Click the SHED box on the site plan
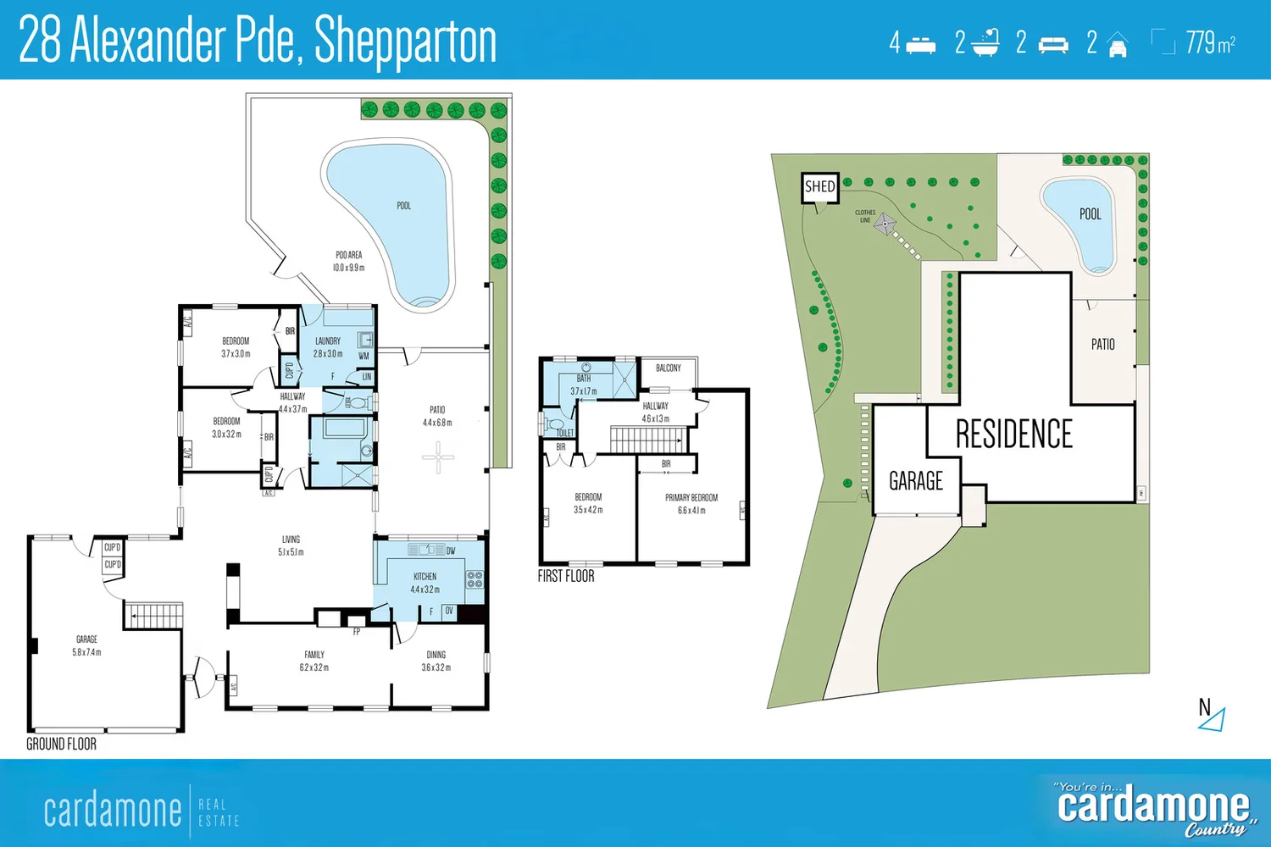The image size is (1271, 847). click(x=819, y=187)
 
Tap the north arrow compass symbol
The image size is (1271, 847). click(x=1213, y=716)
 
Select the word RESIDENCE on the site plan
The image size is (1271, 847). click(x=1013, y=435)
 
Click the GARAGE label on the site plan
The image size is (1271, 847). click(x=915, y=481)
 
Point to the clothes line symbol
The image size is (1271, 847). click(x=885, y=224)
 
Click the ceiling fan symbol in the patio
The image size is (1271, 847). click(x=438, y=458)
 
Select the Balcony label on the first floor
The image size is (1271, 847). click(x=668, y=368)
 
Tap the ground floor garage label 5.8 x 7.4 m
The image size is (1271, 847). click(x=86, y=645)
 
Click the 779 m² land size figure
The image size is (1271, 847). click(x=1209, y=42)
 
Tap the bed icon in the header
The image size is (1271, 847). click(x=921, y=45)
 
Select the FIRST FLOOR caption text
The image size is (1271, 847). click(x=565, y=576)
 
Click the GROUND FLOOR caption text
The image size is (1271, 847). click(x=61, y=744)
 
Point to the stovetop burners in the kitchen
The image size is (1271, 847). click(x=475, y=579)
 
